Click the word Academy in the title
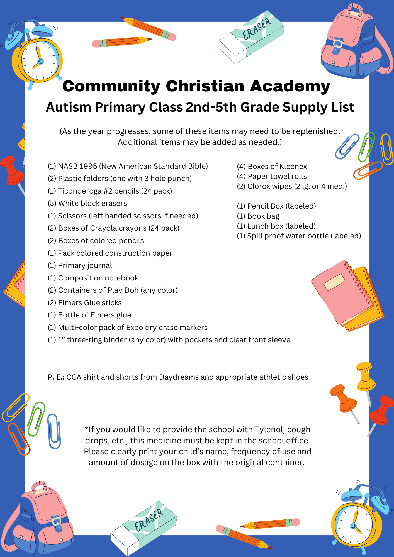click(x=290, y=86)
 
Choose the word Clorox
click(x=256, y=186)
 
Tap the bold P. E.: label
click(x=56, y=377)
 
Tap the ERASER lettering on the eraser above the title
click(x=257, y=29)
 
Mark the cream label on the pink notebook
click(x=334, y=282)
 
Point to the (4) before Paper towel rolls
click(x=241, y=177)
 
